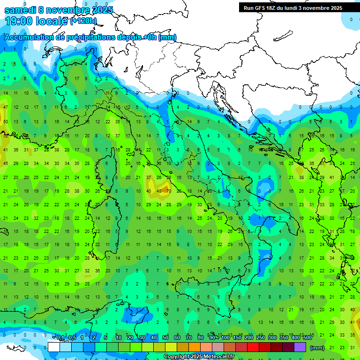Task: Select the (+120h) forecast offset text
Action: [83, 21]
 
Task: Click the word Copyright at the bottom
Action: [178, 357]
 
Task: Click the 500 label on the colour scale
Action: [307, 338]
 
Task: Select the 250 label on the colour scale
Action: [261, 338]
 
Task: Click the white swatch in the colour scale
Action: [54, 347]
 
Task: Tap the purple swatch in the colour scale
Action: [300, 347]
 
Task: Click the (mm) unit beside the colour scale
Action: [317, 348]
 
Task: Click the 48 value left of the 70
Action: [159, 191]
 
